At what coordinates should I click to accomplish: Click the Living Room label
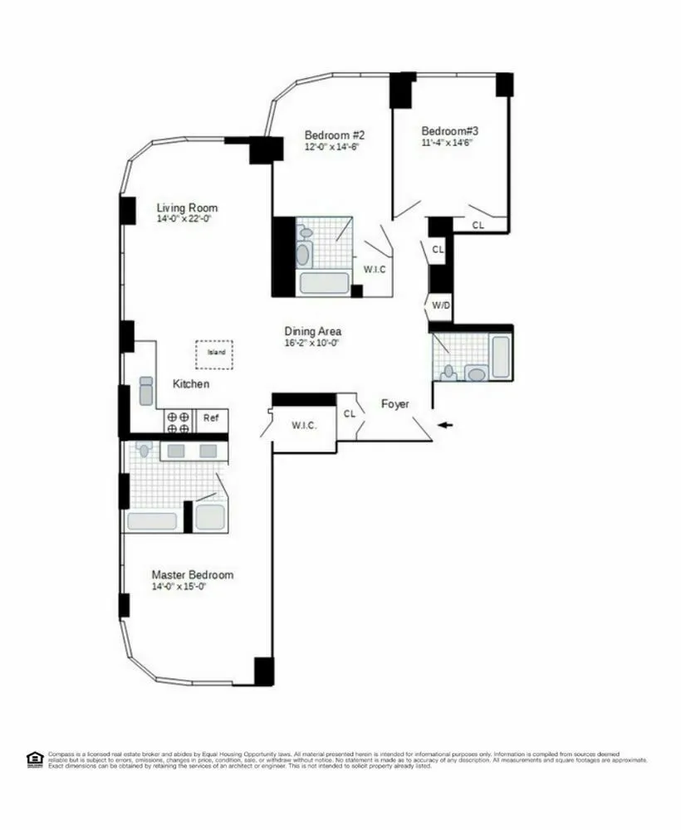click(187, 207)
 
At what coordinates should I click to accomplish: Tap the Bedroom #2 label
click(335, 135)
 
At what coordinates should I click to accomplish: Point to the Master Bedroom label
click(192, 574)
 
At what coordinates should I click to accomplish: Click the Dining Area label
click(312, 330)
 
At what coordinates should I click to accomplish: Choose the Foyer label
click(395, 404)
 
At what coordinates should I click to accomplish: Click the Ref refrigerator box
click(211, 418)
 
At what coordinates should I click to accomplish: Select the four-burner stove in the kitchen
click(178, 422)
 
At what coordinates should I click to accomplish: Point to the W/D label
click(439, 305)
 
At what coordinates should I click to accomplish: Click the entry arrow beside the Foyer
click(447, 426)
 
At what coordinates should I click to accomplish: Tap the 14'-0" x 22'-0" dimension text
click(187, 220)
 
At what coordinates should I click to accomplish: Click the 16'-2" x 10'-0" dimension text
click(312, 342)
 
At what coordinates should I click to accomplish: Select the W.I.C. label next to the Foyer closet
click(301, 427)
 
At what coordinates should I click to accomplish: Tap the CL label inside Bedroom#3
click(478, 225)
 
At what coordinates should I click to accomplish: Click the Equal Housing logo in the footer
click(34, 757)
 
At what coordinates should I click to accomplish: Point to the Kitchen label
click(191, 384)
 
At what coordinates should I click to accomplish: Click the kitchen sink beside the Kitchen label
click(145, 390)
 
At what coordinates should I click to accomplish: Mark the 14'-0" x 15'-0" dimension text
click(179, 587)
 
